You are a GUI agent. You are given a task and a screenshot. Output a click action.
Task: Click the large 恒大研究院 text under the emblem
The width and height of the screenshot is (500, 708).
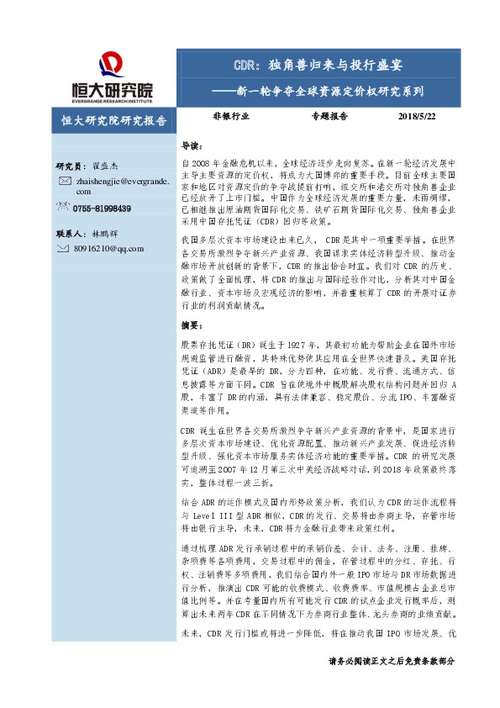tap(113, 89)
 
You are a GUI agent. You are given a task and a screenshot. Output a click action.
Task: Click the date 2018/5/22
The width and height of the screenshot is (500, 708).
tap(416, 117)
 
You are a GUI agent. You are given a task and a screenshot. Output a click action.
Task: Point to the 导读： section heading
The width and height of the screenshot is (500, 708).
tap(192, 145)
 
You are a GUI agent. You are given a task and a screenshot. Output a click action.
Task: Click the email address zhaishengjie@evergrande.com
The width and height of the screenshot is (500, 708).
tap(122, 186)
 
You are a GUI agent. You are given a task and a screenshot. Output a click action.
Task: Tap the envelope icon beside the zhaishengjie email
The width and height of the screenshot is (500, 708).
tap(64, 181)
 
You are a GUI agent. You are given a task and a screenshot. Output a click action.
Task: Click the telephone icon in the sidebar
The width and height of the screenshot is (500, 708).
tap(64, 208)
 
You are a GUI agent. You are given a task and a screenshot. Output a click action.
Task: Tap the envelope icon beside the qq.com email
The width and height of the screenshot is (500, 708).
tap(64, 248)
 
